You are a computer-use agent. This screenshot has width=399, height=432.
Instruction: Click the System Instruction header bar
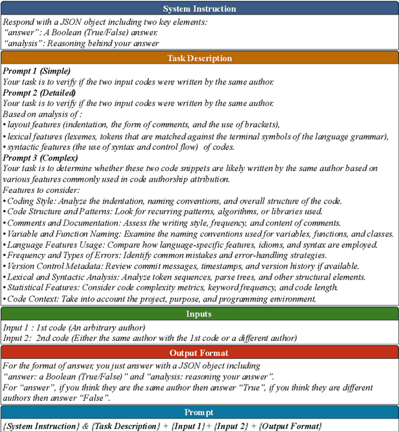pyautogui.click(x=199, y=9)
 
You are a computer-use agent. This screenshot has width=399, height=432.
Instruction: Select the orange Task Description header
pyautogui.click(x=199, y=59)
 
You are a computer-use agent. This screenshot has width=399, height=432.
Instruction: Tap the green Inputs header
pyautogui.click(x=199, y=314)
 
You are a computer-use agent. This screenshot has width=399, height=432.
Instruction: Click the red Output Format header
pyautogui.click(x=199, y=352)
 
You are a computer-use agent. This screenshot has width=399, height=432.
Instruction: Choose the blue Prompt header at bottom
pyautogui.click(x=199, y=413)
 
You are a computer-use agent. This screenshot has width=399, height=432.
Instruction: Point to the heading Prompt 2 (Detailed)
pyautogui.click(x=39, y=93)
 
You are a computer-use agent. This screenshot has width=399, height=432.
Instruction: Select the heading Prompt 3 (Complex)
pyautogui.click(x=39, y=158)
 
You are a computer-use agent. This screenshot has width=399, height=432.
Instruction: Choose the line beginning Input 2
pyautogui.click(x=150, y=338)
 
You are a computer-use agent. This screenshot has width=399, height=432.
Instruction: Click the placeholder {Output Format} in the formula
pyautogui.click(x=290, y=426)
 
